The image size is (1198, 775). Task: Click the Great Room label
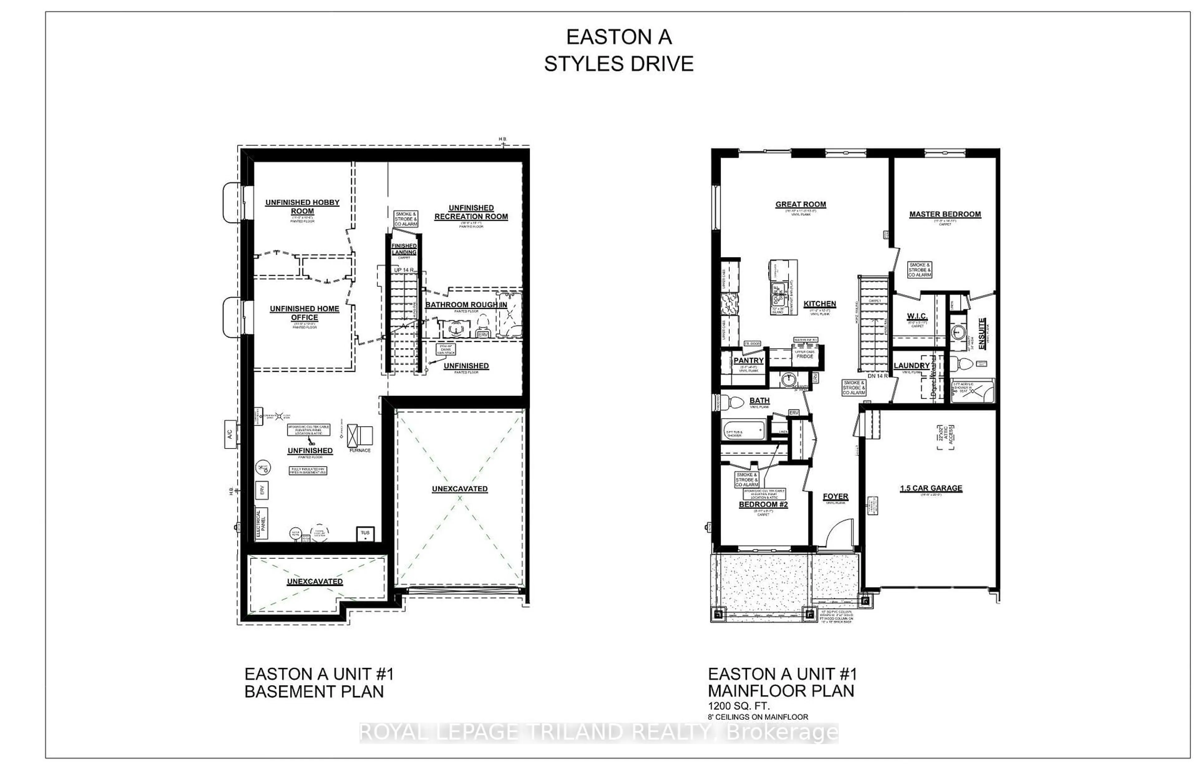(x=800, y=204)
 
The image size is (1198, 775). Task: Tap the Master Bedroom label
(x=944, y=214)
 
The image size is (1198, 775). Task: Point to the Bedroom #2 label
(x=763, y=504)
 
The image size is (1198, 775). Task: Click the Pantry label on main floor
(x=748, y=360)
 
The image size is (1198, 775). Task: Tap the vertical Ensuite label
(x=982, y=330)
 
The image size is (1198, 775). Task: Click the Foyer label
(x=835, y=497)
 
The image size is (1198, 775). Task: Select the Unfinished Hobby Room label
(x=302, y=206)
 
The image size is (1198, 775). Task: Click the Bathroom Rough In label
(x=466, y=305)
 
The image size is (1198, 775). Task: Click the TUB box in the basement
(x=365, y=534)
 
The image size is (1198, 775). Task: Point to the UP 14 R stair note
(x=404, y=270)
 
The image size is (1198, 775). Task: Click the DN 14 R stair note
(x=878, y=376)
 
